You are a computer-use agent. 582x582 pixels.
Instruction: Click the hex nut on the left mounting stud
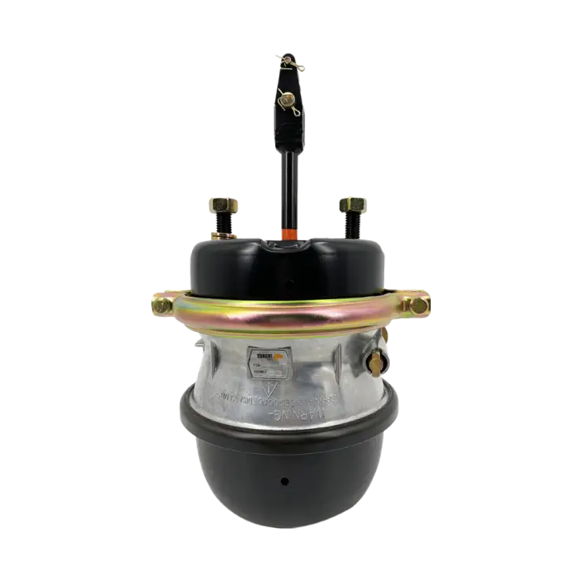pyautogui.click(x=223, y=203)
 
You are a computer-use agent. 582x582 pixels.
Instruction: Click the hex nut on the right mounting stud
pyautogui.click(x=350, y=204)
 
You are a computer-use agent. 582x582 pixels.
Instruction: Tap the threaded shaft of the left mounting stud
pyautogui.click(x=224, y=224)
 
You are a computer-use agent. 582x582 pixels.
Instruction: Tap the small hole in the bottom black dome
pyautogui.click(x=284, y=481)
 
